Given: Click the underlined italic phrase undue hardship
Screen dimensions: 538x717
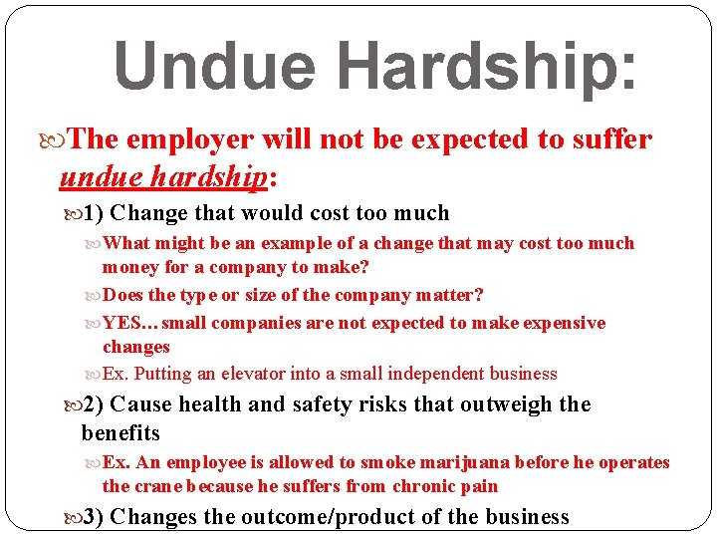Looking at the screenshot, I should (x=163, y=176).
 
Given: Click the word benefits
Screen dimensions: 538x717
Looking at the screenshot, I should (x=120, y=433).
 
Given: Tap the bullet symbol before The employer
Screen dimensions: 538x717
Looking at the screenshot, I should (x=68, y=139).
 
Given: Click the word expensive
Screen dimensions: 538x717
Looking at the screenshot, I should (x=557, y=323).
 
